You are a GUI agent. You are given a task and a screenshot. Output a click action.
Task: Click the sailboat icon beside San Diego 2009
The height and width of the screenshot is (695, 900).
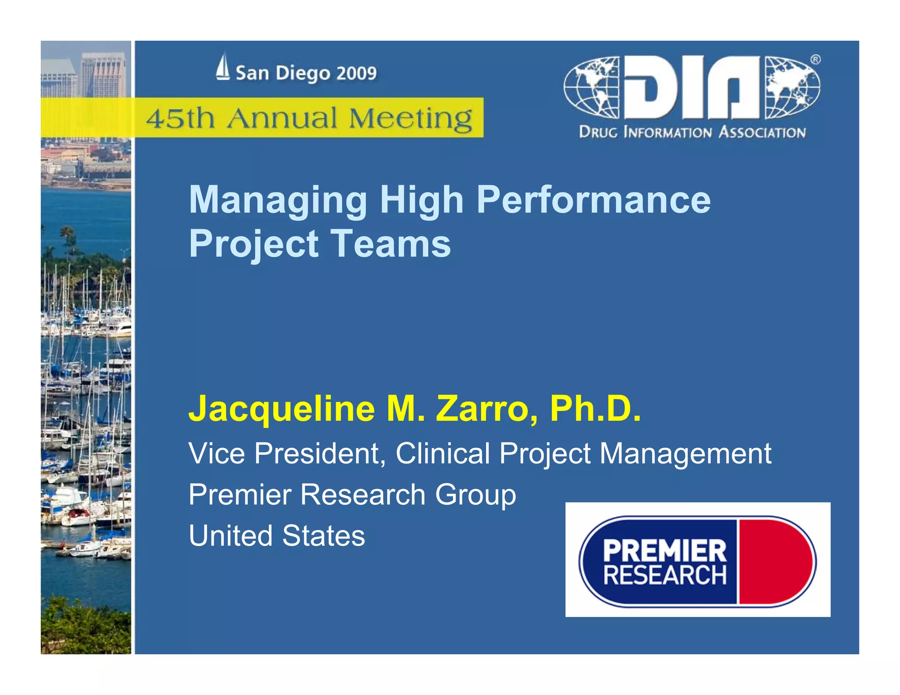[x=223, y=67]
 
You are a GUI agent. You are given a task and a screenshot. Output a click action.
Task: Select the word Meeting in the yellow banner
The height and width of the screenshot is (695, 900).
[x=410, y=118]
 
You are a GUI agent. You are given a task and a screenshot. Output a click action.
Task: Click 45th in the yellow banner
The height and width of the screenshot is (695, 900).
[x=180, y=118]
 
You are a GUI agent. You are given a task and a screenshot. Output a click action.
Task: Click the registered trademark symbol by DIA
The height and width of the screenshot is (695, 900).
[x=815, y=59]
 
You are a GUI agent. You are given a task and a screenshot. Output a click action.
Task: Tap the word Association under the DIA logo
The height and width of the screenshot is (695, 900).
[x=762, y=132]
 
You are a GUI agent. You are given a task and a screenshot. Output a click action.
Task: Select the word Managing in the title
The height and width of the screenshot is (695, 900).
[x=278, y=200]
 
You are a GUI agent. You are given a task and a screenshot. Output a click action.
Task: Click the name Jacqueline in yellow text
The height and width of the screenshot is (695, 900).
[x=281, y=409]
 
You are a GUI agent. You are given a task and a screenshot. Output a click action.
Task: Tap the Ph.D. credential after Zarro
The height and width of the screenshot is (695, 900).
[x=595, y=409]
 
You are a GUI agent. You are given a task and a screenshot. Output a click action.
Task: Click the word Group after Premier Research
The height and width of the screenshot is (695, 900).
[x=475, y=495]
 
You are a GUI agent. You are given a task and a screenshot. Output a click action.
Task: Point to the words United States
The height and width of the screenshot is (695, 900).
[x=277, y=536]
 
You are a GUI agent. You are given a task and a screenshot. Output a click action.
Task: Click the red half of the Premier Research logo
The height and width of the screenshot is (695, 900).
[x=776, y=561]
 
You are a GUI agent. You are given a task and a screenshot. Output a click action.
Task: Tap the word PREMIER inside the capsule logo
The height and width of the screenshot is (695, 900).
[x=664, y=550]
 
